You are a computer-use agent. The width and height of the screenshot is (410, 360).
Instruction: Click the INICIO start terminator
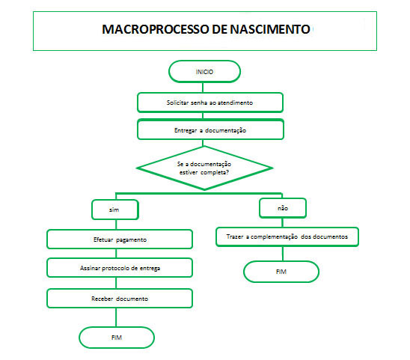pyautogui.click(x=204, y=71)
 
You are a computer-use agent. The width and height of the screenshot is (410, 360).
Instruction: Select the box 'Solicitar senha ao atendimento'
pyautogui.click(x=210, y=103)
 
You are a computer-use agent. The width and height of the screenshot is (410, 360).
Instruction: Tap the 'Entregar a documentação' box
pyautogui.click(x=210, y=129)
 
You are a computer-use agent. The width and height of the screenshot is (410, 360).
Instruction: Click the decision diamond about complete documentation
pyautogui.click(x=204, y=168)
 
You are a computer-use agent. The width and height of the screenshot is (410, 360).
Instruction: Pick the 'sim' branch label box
pyautogui.click(x=115, y=210)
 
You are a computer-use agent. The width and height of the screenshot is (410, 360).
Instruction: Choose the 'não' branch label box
pyautogui.click(x=283, y=208)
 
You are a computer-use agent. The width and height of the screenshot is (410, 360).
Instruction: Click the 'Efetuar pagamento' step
pyautogui.click(x=120, y=240)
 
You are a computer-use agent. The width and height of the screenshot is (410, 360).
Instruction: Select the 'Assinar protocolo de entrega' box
pyautogui.click(x=120, y=268)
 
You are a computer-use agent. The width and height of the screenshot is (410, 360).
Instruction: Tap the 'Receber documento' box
pyautogui.click(x=120, y=299)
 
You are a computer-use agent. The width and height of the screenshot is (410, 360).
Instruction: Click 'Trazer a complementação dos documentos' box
pyautogui.click(x=287, y=237)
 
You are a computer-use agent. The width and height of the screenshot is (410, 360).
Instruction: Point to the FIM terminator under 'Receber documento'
pyautogui.click(x=117, y=338)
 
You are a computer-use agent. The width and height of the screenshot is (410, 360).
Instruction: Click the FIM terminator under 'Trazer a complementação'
pyautogui.click(x=281, y=272)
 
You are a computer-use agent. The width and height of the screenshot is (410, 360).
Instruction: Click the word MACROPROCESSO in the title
pyautogui.click(x=156, y=29)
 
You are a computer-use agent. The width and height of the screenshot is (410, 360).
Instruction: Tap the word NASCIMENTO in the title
pyautogui.click(x=270, y=29)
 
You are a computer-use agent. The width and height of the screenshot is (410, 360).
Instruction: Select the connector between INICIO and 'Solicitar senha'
pyautogui.click(x=203, y=88)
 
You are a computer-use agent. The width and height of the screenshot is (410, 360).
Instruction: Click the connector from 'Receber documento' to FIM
pyautogui.click(x=116, y=317)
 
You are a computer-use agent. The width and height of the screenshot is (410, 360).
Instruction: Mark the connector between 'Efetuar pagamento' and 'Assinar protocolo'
pyautogui.click(x=116, y=254)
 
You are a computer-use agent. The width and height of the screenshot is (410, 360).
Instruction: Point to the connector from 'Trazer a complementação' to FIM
pyautogui.click(x=283, y=254)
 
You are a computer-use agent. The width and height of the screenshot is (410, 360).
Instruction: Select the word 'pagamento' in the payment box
pyautogui.click(x=131, y=240)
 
